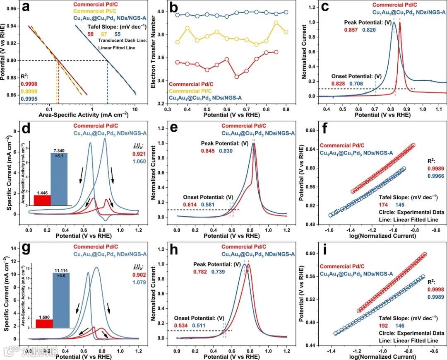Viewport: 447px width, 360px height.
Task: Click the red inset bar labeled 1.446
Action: pyautogui.click(x=42, y=200)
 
